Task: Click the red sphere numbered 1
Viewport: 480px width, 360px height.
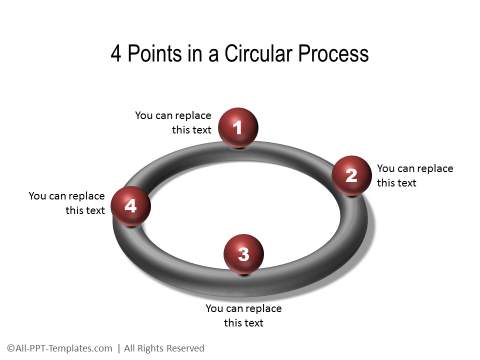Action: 238,127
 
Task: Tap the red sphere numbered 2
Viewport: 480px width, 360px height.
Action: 351,176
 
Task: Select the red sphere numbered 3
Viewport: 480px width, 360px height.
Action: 243,254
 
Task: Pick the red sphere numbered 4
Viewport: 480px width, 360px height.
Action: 131,206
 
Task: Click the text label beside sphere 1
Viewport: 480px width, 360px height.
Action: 173,122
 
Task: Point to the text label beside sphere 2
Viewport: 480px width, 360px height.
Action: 414,175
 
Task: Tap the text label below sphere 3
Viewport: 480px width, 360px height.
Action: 243,315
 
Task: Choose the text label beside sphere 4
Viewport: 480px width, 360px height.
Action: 67,202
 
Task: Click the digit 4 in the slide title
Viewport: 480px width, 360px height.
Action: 117,53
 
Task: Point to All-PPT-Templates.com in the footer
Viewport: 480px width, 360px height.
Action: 64,348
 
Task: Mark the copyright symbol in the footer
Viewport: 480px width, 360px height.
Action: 9,348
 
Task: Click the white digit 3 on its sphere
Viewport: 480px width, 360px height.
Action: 243,254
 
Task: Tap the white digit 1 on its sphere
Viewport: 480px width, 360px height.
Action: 238,127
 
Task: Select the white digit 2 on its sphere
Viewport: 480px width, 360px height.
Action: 351,176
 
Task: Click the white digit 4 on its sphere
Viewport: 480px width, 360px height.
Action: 131,206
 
